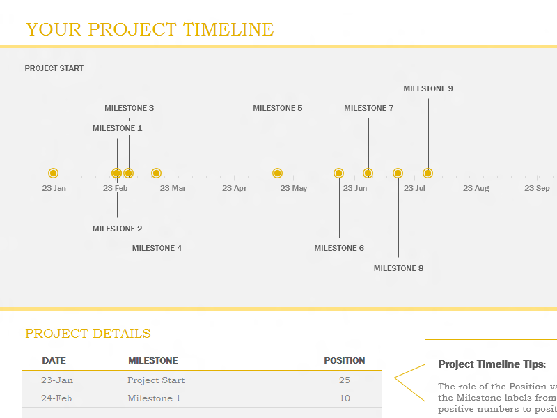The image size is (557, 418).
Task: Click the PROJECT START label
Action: (54, 68)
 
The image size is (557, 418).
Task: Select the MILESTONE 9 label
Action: (428, 88)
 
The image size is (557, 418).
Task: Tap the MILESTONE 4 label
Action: (157, 248)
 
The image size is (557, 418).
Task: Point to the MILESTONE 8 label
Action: (398, 268)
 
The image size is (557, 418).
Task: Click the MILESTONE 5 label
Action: (277, 108)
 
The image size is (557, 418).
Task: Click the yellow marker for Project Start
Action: (54, 173)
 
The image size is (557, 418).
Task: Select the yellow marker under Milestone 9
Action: (428, 173)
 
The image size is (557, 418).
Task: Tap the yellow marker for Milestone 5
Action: (277, 173)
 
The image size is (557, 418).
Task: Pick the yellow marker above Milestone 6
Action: (339, 173)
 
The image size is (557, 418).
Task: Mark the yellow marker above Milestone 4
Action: (156, 173)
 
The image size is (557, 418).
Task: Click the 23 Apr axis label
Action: (234, 188)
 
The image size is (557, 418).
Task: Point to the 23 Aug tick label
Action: (476, 188)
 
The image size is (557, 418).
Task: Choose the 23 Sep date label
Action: (537, 188)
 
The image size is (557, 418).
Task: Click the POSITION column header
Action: (344, 361)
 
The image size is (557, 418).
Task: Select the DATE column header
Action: (54, 361)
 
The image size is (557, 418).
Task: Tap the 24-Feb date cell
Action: (56, 398)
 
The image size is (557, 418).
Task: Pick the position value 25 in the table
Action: (344, 380)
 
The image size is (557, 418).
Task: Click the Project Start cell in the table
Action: (156, 380)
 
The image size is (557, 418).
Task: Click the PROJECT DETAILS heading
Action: (88, 334)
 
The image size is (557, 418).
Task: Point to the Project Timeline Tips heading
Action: (492, 364)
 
